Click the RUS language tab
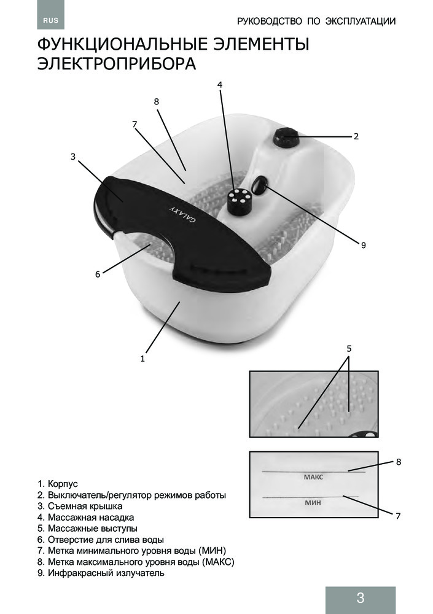click(x=50, y=20)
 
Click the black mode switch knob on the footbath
click(x=285, y=138)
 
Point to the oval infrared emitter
click(x=260, y=184)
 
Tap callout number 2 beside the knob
click(x=356, y=136)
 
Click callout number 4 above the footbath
click(x=220, y=85)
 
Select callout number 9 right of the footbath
click(x=363, y=245)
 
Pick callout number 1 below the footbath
click(x=142, y=359)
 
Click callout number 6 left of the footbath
click(x=98, y=274)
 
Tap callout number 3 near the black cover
click(x=73, y=157)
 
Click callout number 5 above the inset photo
click(x=349, y=348)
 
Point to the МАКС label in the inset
click(x=313, y=477)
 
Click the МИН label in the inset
click(x=313, y=503)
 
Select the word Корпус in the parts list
click(x=63, y=484)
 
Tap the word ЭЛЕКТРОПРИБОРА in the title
click(x=117, y=64)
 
